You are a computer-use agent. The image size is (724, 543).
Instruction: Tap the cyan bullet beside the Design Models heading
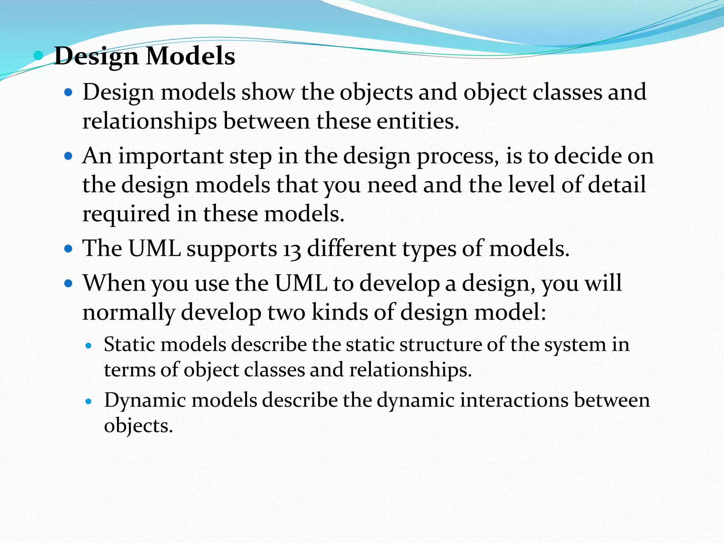[x=38, y=56]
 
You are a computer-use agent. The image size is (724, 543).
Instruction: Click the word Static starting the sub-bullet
[x=129, y=344]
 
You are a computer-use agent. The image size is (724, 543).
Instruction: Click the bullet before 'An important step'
[x=68, y=156]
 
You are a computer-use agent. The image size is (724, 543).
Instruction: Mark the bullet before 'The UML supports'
[x=68, y=249]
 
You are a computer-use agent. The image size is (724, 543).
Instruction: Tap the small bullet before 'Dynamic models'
[x=89, y=402]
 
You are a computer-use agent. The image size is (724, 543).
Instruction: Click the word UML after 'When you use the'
[x=301, y=284]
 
